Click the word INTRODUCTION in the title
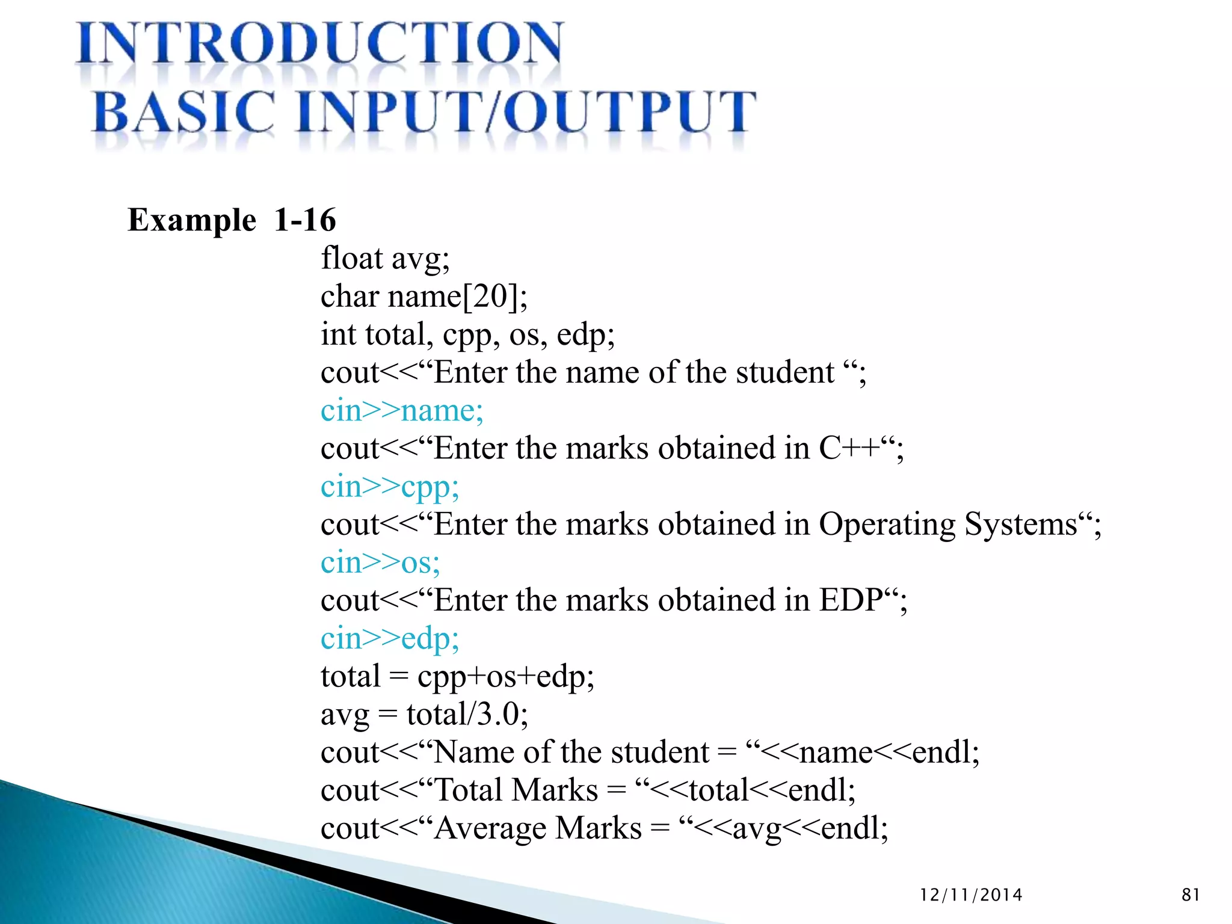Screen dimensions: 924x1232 click(319, 43)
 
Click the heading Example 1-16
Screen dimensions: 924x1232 click(232, 220)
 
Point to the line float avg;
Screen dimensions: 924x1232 click(385, 259)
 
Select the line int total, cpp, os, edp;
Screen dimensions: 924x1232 click(467, 334)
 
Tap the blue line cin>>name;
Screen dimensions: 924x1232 click(402, 411)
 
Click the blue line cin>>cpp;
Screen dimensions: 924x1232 click(390, 487)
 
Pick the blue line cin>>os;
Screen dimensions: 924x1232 click(380, 562)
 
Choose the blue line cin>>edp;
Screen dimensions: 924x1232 click(390, 638)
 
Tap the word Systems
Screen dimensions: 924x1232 click(1020, 525)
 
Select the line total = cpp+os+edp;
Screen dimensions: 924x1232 click(457, 677)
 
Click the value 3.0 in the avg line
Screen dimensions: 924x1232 click(497, 715)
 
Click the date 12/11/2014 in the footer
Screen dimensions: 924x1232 click(971, 895)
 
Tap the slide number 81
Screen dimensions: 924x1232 click(1190, 895)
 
